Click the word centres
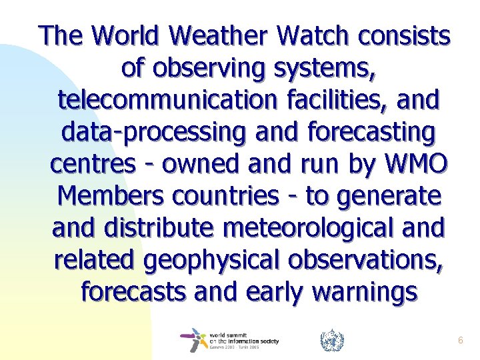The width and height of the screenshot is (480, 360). click(91, 164)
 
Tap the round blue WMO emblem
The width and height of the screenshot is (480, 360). click(331, 340)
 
